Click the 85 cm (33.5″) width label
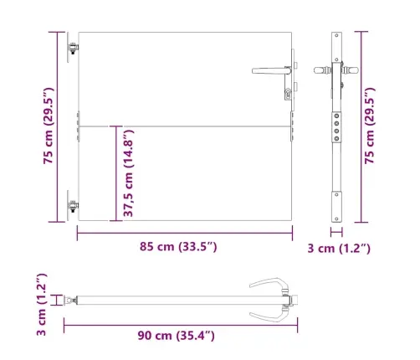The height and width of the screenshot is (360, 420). point(178,247)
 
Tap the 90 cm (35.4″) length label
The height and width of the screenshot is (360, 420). point(176,336)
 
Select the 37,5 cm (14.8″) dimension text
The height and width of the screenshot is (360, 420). point(129,173)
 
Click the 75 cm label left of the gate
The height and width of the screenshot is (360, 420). point(49,126)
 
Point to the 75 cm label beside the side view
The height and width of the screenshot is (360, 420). point(370,126)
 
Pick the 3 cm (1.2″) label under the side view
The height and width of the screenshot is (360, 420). point(339,249)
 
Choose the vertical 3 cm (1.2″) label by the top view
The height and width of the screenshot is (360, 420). point(42,304)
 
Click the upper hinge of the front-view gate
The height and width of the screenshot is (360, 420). point(73,48)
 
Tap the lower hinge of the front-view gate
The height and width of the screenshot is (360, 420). point(73,206)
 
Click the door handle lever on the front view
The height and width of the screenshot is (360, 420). point(270,71)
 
